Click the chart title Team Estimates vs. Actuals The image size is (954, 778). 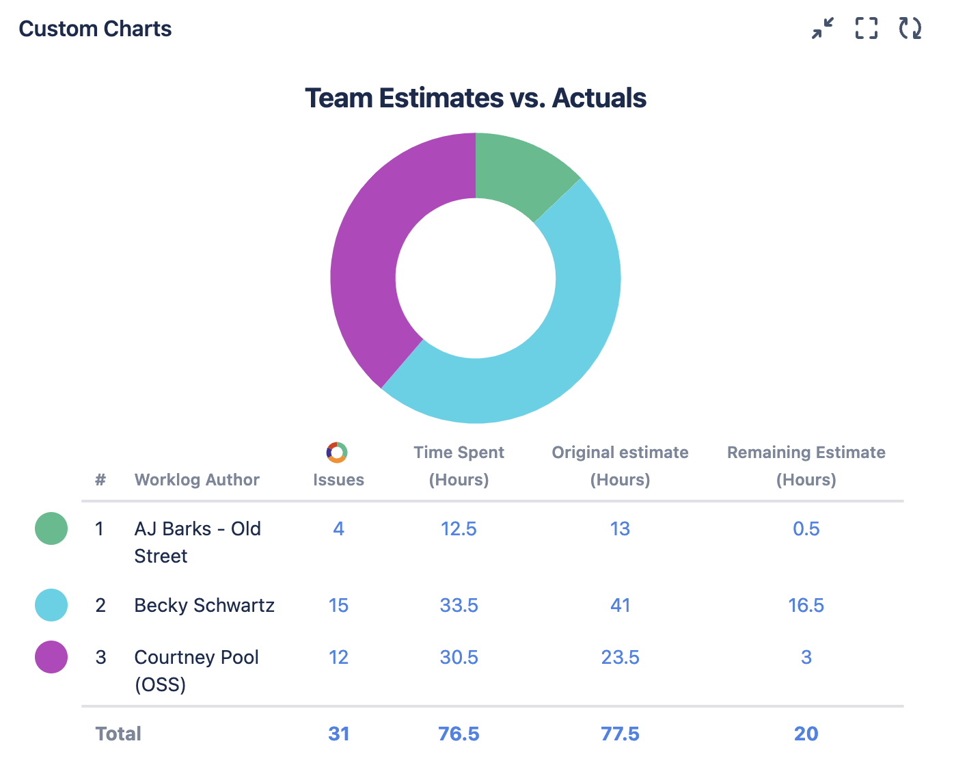(476, 98)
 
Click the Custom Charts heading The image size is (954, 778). (95, 29)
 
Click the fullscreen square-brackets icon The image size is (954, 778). (867, 28)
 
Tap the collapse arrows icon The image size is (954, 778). (823, 28)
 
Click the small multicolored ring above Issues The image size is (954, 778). (337, 453)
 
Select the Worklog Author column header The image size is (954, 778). (197, 479)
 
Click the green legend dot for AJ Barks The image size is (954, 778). (51, 528)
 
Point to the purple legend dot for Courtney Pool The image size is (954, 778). (51, 657)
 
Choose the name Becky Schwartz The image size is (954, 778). (204, 605)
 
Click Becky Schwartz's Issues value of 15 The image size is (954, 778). (338, 605)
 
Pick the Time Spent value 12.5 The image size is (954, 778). (459, 528)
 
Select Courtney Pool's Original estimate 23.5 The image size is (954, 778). (620, 657)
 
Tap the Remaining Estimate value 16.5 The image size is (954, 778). (806, 605)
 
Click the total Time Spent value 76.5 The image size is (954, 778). (459, 734)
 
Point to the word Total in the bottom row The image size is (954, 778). (118, 734)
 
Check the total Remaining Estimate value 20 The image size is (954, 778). (806, 734)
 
